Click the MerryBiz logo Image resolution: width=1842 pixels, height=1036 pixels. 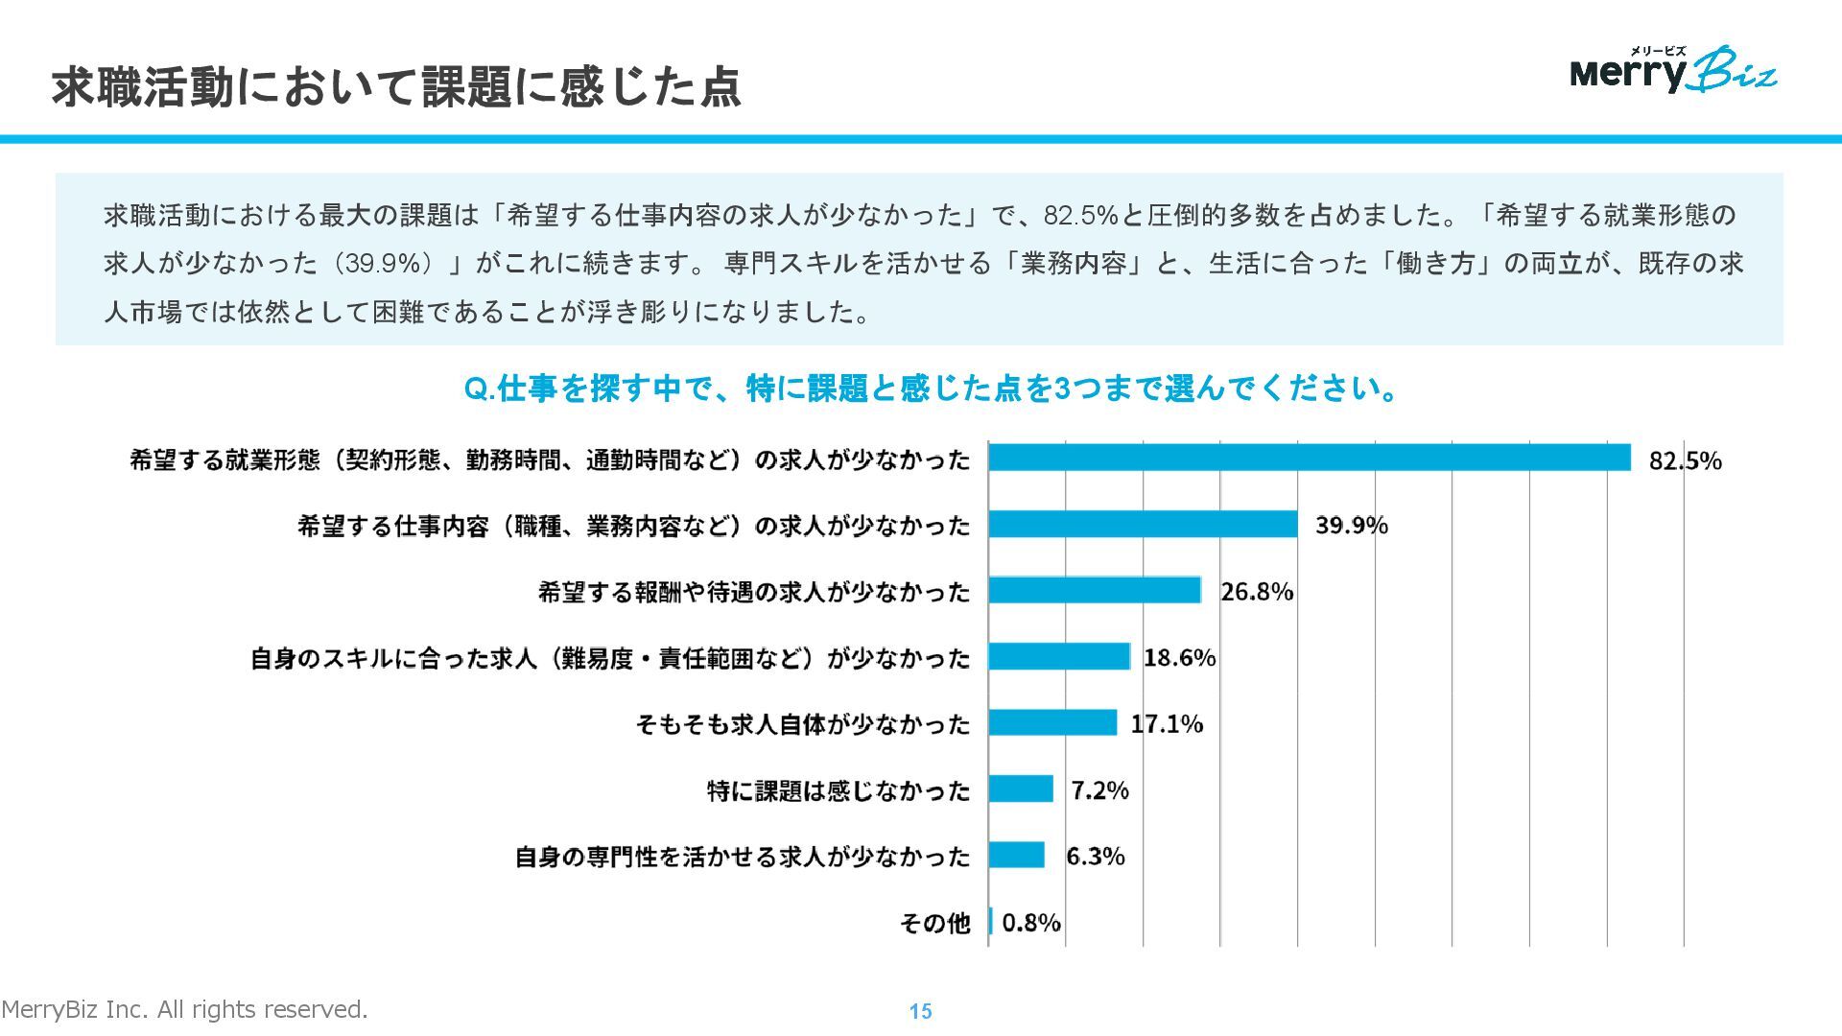[1673, 70]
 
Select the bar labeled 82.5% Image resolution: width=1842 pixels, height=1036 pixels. [1310, 458]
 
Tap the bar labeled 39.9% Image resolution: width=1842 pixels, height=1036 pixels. [1143, 524]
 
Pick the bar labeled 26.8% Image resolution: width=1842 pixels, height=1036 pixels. [1095, 590]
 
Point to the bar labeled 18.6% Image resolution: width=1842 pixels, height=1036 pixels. [1059, 656]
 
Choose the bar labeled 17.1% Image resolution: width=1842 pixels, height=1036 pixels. [1052, 722]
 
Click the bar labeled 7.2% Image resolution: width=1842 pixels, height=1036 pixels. [1021, 789]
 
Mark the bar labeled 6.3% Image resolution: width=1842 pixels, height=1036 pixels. [1017, 855]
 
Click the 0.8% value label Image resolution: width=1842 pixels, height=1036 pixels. [1031, 922]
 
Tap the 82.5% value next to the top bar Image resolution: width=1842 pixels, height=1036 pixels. [1685, 460]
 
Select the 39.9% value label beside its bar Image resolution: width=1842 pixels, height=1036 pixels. [1351, 525]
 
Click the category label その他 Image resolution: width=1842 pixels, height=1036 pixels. [934, 923]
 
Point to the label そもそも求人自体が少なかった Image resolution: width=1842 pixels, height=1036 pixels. [803, 724]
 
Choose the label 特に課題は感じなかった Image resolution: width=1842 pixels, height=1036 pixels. [838, 790]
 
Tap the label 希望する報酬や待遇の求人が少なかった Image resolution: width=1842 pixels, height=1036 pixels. [754, 592]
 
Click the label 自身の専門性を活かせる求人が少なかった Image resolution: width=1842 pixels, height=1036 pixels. [743, 857]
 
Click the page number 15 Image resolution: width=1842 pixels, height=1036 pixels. [920, 1011]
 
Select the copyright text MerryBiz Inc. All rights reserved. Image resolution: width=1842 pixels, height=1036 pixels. [184, 1009]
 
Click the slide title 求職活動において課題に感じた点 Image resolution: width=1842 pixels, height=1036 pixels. [396, 87]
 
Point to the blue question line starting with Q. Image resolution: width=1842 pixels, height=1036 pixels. [931, 388]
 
